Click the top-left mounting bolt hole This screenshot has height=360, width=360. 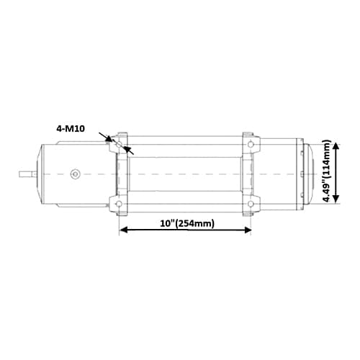[119, 144]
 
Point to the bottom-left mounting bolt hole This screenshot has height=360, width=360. [119, 206]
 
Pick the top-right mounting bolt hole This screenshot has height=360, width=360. [251, 144]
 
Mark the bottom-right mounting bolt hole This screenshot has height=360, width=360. [251, 206]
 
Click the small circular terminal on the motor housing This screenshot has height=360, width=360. [75, 174]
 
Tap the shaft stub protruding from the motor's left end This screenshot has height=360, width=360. [27, 174]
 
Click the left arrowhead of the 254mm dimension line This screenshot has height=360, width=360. [122, 230]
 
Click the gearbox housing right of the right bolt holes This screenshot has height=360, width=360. [281, 174]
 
